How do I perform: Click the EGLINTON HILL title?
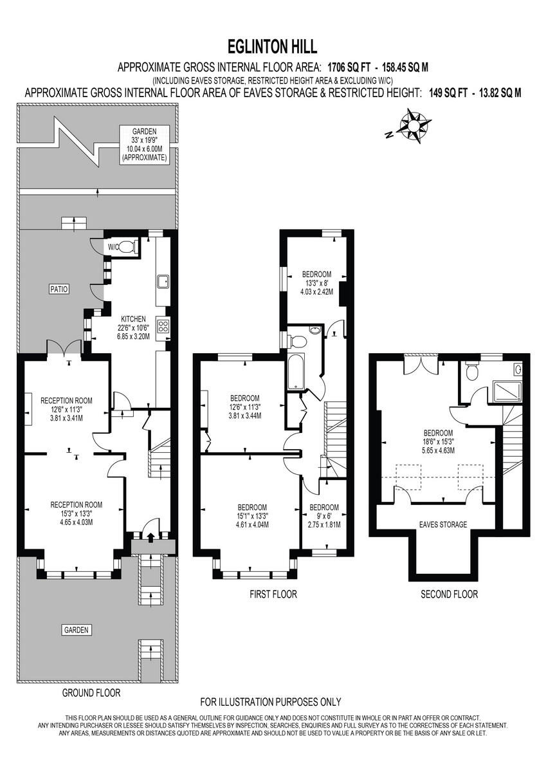(272, 47)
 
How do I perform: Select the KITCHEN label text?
(134, 318)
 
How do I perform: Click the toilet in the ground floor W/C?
(128, 246)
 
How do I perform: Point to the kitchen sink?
(163, 280)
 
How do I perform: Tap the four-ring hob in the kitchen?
(163, 326)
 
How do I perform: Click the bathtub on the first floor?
(296, 371)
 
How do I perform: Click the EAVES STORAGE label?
(443, 524)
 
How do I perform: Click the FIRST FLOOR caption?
(273, 594)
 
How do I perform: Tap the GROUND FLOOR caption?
(91, 693)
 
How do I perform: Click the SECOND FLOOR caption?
(449, 594)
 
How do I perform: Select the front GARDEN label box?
(76, 630)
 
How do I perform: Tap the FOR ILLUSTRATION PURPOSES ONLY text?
(271, 702)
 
